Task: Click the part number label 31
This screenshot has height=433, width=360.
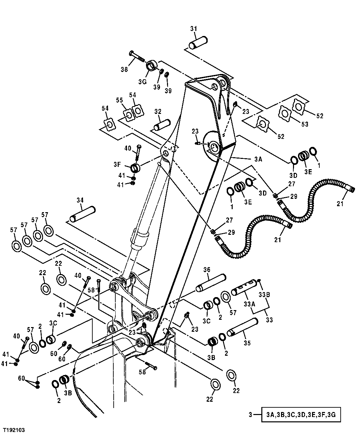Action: click(x=194, y=29)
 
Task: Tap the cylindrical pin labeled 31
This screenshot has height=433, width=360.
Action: click(x=198, y=43)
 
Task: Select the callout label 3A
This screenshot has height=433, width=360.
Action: click(x=258, y=159)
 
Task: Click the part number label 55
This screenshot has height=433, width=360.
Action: click(x=119, y=100)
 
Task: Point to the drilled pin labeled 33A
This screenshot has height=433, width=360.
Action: click(x=245, y=287)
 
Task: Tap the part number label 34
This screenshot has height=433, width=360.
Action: click(x=80, y=200)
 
